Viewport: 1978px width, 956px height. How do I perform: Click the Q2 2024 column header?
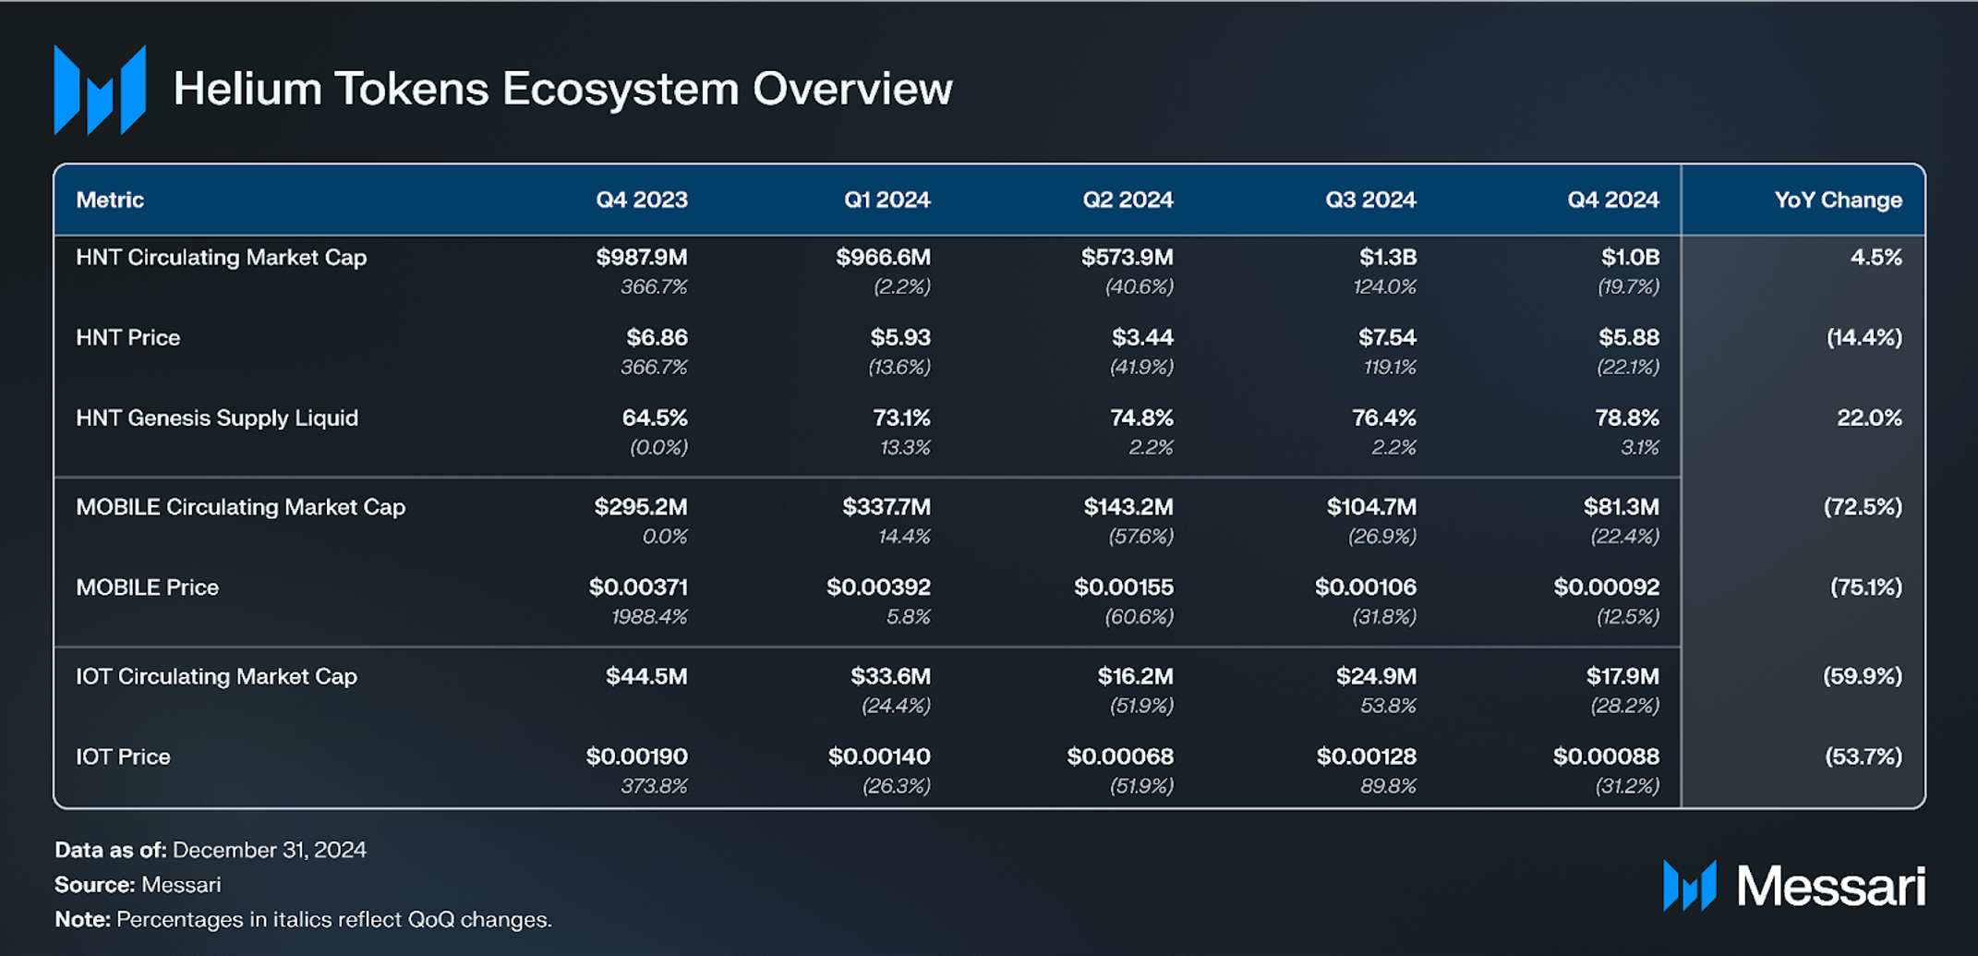pyautogui.click(x=1127, y=200)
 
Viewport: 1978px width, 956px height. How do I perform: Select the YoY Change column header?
pyautogui.click(x=1837, y=200)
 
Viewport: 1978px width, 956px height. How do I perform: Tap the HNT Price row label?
pyautogui.click(x=127, y=337)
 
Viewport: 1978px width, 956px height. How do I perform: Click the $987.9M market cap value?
pyautogui.click(x=641, y=257)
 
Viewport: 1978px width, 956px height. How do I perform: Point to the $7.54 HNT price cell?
pyautogui.click(x=1386, y=337)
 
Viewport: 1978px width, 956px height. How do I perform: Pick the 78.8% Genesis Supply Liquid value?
pyautogui.click(x=1626, y=417)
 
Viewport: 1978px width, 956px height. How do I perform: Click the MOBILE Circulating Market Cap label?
pyautogui.click(x=240, y=507)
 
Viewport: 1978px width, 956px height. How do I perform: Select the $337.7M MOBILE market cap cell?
pyautogui.click(x=886, y=507)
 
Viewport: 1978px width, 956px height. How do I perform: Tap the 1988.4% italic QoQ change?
pyautogui.click(x=648, y=616)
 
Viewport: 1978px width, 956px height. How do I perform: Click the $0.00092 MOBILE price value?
pyautogui.click(x=1606, y=587)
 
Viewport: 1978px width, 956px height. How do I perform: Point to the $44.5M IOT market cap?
pyautogui.click(x=645, y=676)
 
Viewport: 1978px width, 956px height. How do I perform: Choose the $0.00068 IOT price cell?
pyautogui.click(x=1119, y=756)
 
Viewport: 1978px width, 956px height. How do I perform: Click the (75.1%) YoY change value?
pyautogui.click(x=1865, y=587)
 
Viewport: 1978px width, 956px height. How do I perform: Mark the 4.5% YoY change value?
pyautogui.click(x=1875, y=257)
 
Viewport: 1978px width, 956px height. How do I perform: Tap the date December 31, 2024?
pyautogui.click(x=269, y=850)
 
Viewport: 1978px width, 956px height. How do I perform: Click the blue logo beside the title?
pyautogui.click(x=100, y=90)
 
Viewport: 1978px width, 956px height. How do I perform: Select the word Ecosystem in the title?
pyautogui.click(x=620, y=89)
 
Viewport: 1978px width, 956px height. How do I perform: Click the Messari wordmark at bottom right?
pyautogui.click(x=1830, y=887)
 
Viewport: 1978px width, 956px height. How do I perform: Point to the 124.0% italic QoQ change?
pyautogui.click(x=1383, y=286)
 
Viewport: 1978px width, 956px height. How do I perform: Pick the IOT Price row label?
pyautogui.click(x=123, y=756)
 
